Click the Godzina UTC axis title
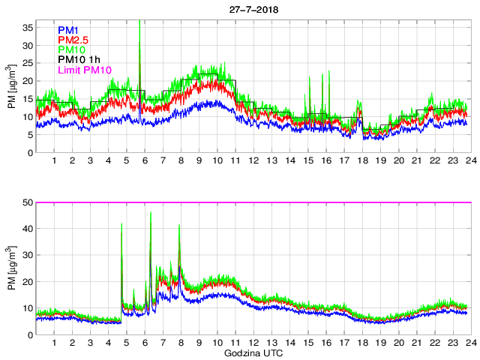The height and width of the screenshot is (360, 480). [252, 352]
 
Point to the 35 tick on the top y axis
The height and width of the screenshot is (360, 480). [27, 28]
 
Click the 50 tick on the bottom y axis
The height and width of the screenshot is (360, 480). [27, 202]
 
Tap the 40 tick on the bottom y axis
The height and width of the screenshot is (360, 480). [27, 229]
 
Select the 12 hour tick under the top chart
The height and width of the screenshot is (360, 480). [253, 161]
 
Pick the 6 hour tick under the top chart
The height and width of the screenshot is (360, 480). [145, 161]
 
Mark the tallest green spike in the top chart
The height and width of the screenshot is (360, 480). [139, 22]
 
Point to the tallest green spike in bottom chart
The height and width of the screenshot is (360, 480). [151, 213]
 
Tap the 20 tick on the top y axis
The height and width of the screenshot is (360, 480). [27, 81]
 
